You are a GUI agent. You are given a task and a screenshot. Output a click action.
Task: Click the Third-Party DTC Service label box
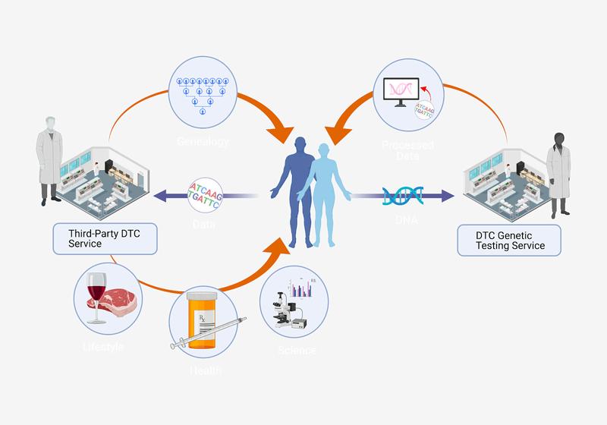tap(105, 238)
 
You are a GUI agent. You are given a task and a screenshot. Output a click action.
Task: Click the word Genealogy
tap(203, 142)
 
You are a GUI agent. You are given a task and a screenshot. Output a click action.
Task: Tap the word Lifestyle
tap(102, 347)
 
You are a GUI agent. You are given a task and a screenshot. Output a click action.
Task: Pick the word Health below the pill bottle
tap(205, 370)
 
